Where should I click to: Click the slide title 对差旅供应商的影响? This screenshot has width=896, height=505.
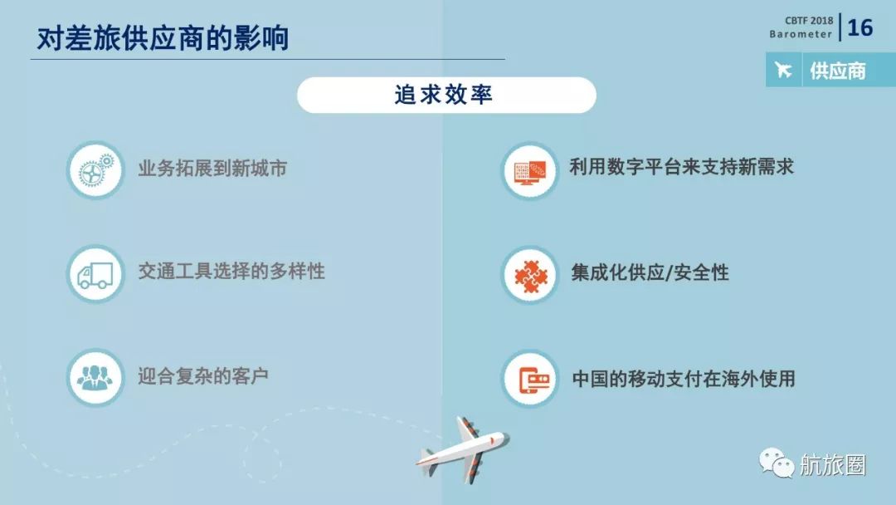click(x=163, y=37)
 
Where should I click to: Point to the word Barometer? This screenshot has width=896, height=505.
click(x=800, y=35)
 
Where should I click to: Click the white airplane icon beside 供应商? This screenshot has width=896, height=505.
click(x=784, y=71)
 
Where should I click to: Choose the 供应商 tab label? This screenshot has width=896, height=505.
click(x=837, y=71)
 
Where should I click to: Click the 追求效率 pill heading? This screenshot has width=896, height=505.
click(x=446, y=95)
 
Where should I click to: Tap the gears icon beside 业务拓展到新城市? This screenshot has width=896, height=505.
click(x=95, y=170)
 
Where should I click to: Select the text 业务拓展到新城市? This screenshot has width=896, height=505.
click(x=212, y=168)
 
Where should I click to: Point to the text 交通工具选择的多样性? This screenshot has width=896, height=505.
click(x=231, y=272)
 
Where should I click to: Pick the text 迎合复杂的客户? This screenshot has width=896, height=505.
click(x=203, y=376)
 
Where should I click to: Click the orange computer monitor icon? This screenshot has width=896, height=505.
click(x=529, y=170)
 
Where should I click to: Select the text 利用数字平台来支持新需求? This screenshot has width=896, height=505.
click(x=681, y=167)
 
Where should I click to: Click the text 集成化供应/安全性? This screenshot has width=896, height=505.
click(x=650, y=272)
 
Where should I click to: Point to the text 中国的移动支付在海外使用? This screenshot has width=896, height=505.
click(x=684, y=379)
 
